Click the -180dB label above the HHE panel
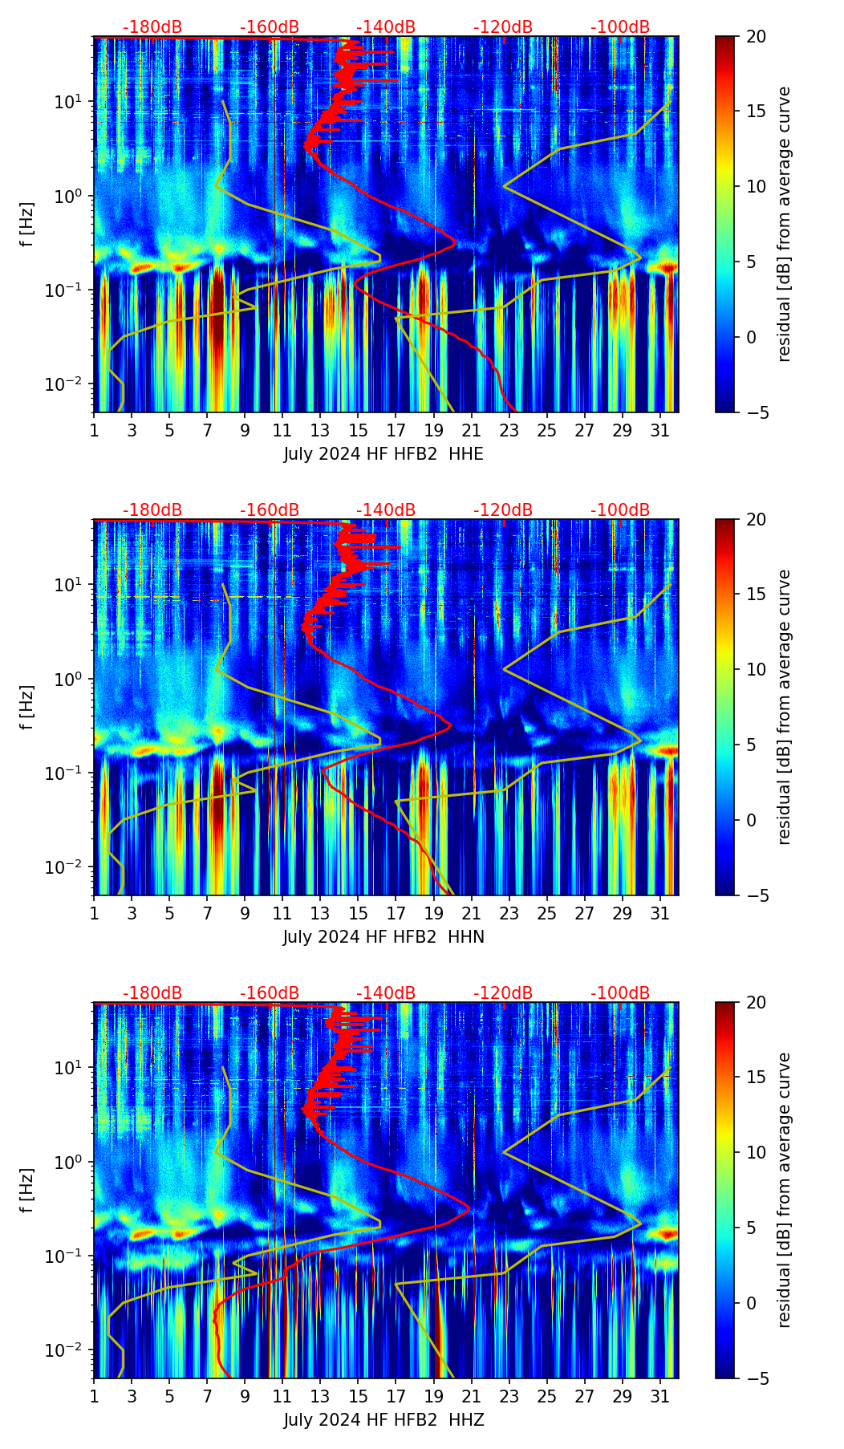click(152, 27)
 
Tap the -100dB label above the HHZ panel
click(620, 993)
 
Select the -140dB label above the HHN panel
click(386, 510)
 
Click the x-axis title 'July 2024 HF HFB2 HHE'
click(383, 454)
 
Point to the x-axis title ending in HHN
click(383, 937)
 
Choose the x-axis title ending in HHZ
click(383, 1420)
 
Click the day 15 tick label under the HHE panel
click(358, 430)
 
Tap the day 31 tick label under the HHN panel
click(659, 913)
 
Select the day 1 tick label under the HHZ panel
click(94, 1396)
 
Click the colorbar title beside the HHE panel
click(785, 224)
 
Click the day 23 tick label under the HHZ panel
click(509, 1396)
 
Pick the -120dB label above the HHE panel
click(503, 27)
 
